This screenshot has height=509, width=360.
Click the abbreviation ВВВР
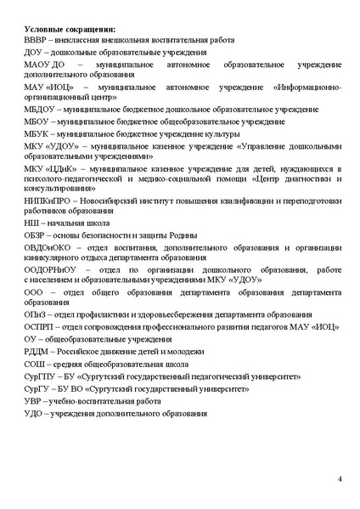(37, 41)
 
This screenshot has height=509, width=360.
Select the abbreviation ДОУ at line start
(35, 53)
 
